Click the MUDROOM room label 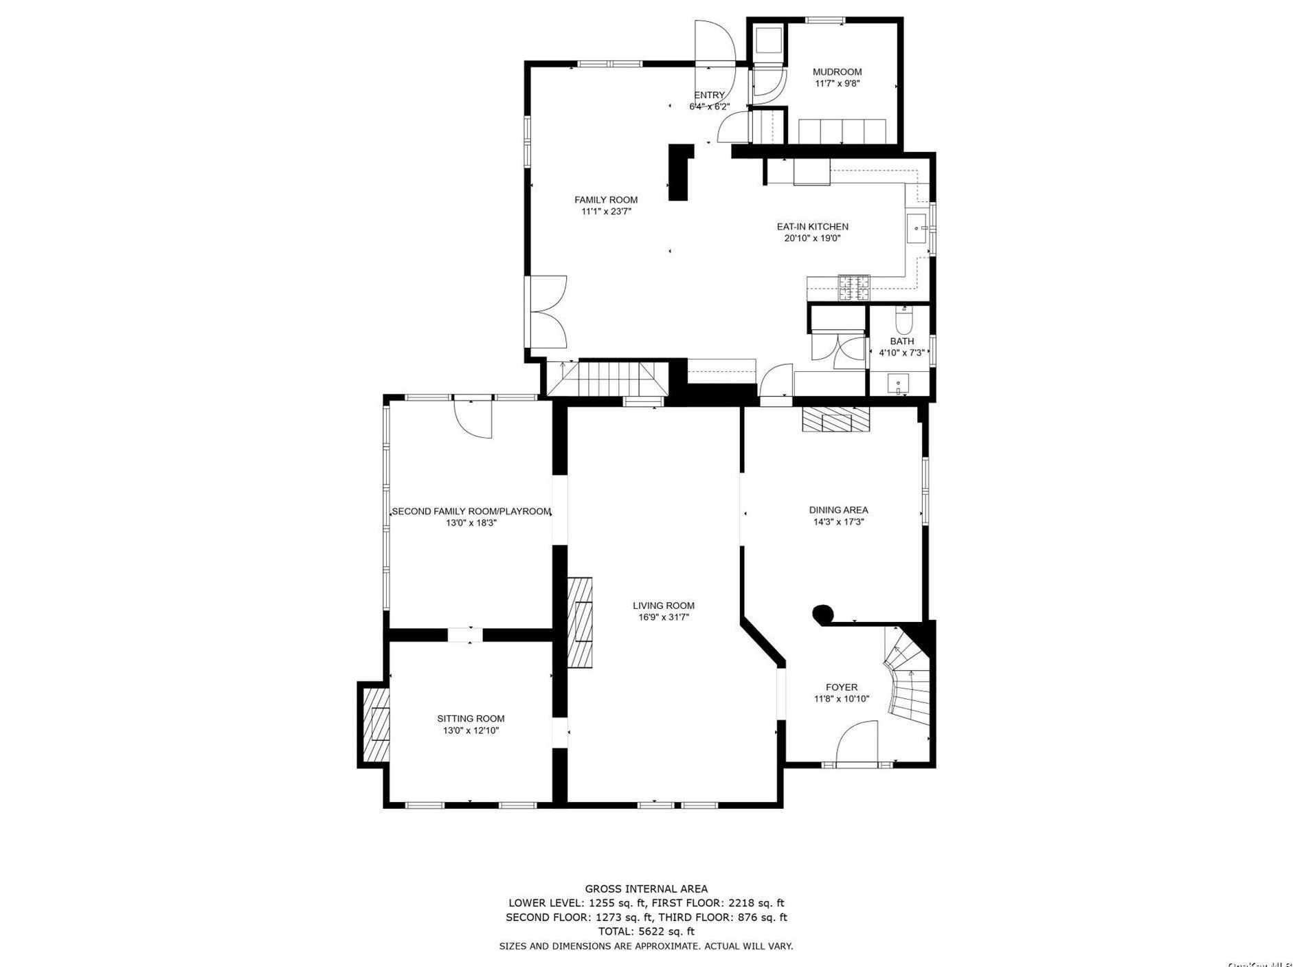pyautogui.click(x=837, y=71)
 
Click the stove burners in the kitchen pyautogui.click(x=853, y=288)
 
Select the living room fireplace pyautogui.click(x=580, y=621)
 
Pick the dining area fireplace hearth pyautogui.click(x=835, y=419)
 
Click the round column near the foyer pyautogui.click(x=822, y=613)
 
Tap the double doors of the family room pyautogui.click(x=548, y=312)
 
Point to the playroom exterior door pyautogui.click(x=474, y=418)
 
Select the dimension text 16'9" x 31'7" pyautogui.click(x=663, y=617)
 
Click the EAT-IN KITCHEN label pyautogui.click(x=812, y=227)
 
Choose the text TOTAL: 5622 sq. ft pyautogui.click(x=646, y=931)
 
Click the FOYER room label pyautogui.click(x=841, y=687)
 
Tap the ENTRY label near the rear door pyautogui.click(x=709, y=96)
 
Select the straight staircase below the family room pyautogui.click(x=608, y=379)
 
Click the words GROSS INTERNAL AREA pyautogui.click(x=646, y=889)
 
